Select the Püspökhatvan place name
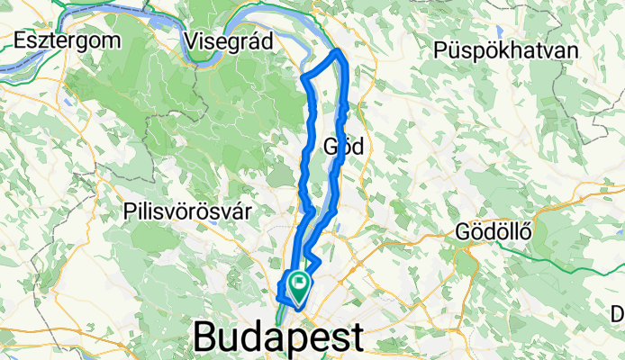click(504, 49)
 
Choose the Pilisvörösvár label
click(187, 210)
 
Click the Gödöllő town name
click(494, 229)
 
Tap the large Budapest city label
click(279, 338)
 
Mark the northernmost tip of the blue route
click(339, 51)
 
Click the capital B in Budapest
click(207, 338)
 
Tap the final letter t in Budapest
click(357, 338)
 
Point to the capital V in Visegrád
click(189, 40)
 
